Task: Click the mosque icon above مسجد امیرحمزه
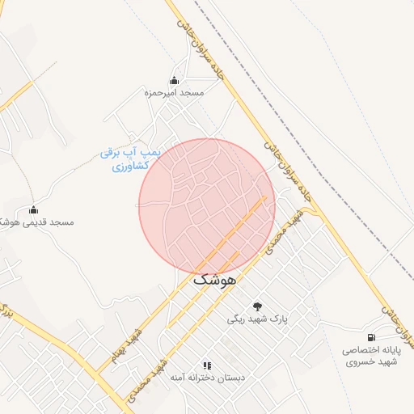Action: tap(174, 80)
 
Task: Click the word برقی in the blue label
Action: tap(112, 152)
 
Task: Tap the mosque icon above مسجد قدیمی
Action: tap(33, 210)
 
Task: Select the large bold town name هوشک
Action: tap(214, 280)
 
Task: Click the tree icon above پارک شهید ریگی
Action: tap(258, 306)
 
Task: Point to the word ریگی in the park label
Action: tap(235, 319)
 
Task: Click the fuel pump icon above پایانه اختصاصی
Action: tap(371, 336)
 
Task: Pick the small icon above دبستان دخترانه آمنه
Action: tap(207, 365)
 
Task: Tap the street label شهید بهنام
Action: tap(125, 344)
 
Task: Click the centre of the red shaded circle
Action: tap(207, 206)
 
